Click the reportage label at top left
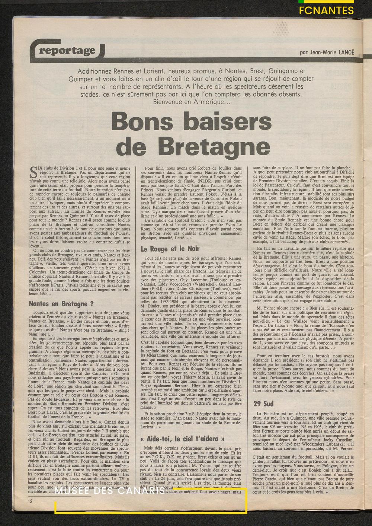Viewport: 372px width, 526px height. click(67, 51)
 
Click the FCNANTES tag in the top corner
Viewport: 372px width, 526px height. click(327, 10)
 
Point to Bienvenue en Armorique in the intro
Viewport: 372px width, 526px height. click(191, 102)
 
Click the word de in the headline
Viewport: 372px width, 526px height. click(128, 146)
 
